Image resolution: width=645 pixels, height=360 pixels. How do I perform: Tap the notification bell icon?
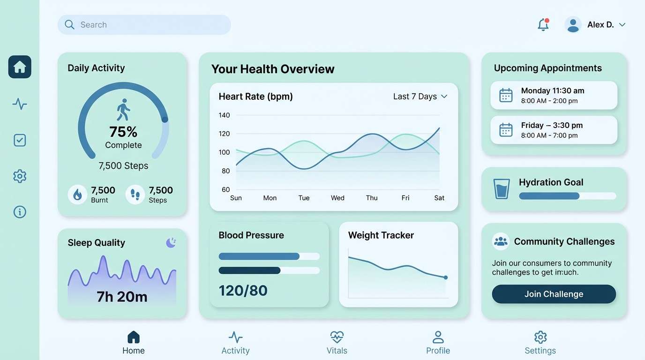(x=543, y=25)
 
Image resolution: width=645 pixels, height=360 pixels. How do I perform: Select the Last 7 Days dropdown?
(x=420, y=97)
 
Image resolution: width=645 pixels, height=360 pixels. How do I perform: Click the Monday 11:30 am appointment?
(x=554, y=95)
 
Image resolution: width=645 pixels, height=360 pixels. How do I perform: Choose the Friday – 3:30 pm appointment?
(x=554, y=130)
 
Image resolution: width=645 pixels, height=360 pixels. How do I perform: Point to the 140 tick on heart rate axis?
(x=224, y=115)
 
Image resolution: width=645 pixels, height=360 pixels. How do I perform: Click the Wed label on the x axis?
(x=337, y=198)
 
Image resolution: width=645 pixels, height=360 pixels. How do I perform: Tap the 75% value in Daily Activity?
(x=123, y=131)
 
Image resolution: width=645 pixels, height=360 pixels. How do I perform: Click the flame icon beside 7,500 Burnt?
(x=77, y=195)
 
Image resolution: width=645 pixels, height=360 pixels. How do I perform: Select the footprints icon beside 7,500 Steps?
(x=135, y=195)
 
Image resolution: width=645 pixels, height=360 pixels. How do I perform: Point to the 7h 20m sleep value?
(x=122, y=296)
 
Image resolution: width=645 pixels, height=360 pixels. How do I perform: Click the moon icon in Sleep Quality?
(x=171, y=242)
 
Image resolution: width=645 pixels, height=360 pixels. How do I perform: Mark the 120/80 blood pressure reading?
(x=243, y=291)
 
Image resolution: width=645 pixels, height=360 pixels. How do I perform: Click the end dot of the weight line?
(x=445, y=277)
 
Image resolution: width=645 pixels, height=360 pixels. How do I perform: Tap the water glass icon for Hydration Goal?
(x=501, y=188)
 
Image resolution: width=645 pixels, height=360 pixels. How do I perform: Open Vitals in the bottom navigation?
(x=337, y=343)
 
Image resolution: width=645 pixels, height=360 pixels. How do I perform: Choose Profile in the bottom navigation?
(x=438, y=343)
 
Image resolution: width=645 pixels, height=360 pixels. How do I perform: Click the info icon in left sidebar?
(x=20, y=212)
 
